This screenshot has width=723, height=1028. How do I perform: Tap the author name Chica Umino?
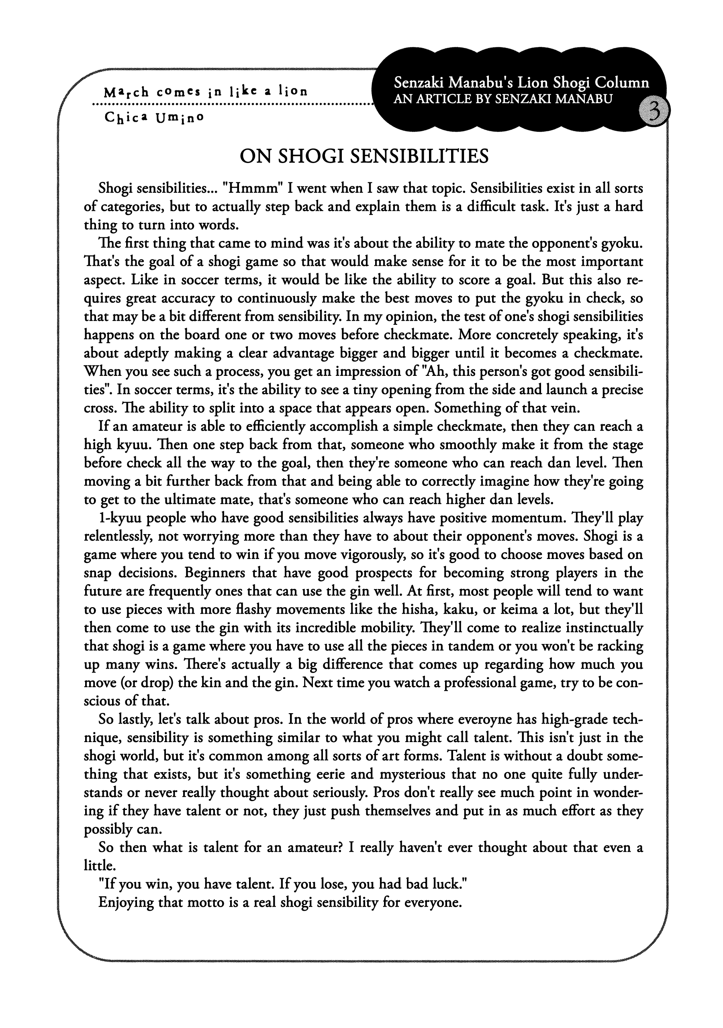coord(154,117)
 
